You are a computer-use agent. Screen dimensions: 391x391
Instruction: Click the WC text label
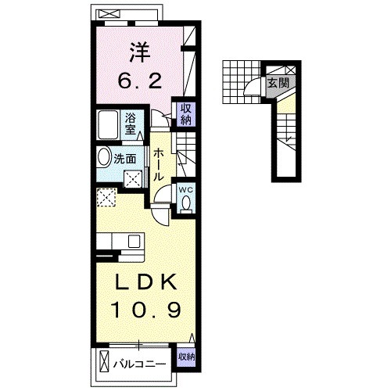coord(186,189)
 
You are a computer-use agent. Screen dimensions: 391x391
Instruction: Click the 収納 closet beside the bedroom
coord(187,114)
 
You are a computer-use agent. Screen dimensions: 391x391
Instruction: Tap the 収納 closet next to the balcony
coord(185,357)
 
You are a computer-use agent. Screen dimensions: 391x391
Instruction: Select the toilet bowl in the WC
coord(186,204)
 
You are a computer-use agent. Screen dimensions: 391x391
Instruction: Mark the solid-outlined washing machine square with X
coord(134,178)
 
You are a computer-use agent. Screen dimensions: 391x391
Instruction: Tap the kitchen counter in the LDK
coord(118,242)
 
